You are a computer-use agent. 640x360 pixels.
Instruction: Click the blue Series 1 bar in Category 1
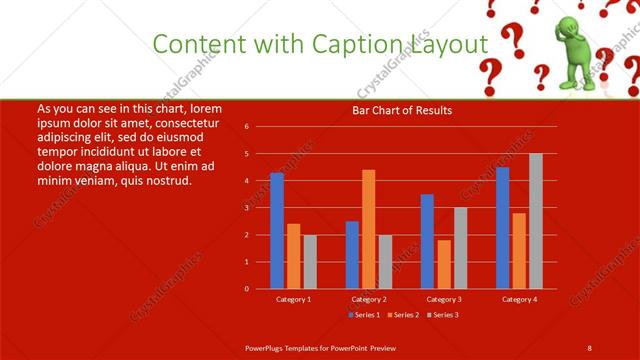point(277,231)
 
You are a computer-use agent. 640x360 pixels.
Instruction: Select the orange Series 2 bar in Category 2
point(369,229)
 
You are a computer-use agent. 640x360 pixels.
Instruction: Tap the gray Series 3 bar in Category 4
point(536,221)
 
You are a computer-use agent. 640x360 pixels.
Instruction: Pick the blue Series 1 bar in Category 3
point(427,241)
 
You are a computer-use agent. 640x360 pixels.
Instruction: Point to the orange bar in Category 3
point(443,264)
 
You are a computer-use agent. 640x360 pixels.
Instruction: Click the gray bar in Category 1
point(310,262)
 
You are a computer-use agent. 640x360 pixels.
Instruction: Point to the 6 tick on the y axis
point(261,127)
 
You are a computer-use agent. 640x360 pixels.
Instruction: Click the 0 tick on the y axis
point(261,289)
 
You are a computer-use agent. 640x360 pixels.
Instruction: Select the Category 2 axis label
point(368,299)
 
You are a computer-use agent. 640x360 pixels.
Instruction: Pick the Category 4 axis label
point(519,299)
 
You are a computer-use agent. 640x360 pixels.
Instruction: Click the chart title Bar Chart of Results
point(402,110)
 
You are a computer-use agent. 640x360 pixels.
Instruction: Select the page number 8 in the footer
point(589,346)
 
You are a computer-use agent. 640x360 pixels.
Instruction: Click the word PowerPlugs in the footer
point(269,346)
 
